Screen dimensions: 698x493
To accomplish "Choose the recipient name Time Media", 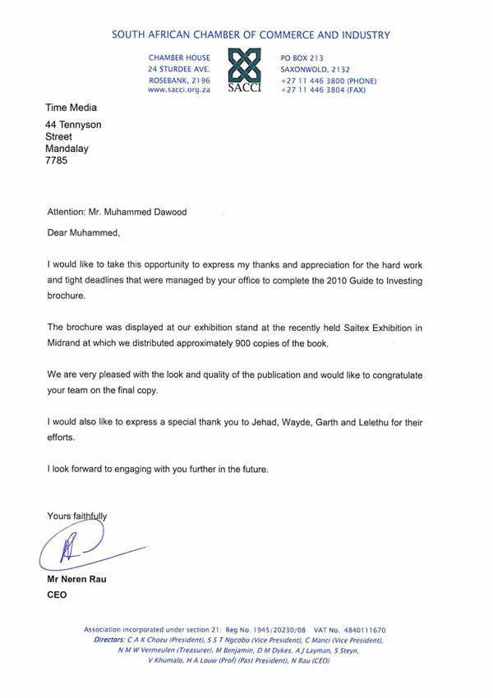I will point(71,108).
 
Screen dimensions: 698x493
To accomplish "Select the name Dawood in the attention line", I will point(166,211).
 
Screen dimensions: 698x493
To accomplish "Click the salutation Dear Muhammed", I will point(83,232).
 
